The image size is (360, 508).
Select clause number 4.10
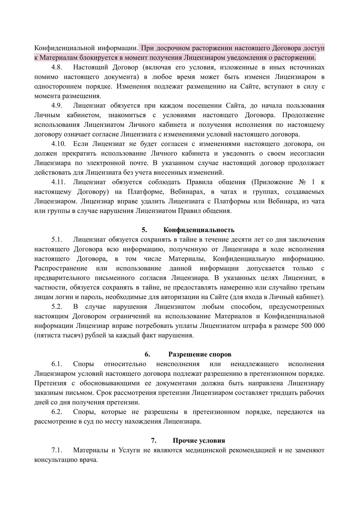(x=58, y=144)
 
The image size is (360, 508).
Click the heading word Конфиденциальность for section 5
(x=199, y=230)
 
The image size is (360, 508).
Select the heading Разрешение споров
(x=200, y=355)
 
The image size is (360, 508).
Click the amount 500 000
(x=312, y=326)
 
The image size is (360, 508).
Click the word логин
(x=61, y=297)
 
